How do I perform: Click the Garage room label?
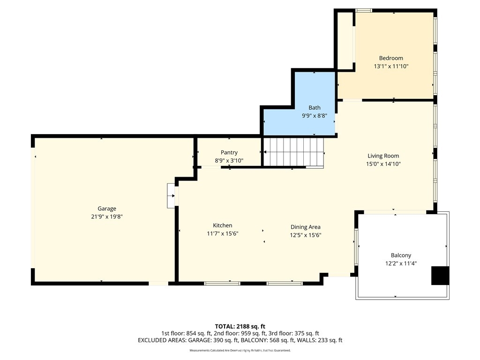pyautogui.click(x=107, y=209)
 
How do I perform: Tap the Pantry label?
pyautogui.click(x=229, y=152)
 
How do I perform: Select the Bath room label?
pyautogui.click(x=315, y=108)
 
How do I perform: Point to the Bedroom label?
pyautogui.click(x=391, y=58)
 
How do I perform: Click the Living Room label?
pyautogui.click(x=383, y=156)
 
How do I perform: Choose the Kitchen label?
pyautogui.click(x=223, y=225)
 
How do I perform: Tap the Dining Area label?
pyautogui.click(x=306, y=227)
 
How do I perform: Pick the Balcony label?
pyautogui.click(x=401, y=255)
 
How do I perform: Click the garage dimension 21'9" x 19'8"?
pyautogui.click(x=107, y=217)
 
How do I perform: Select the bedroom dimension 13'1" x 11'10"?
pyautogui.click(x=391, y=66)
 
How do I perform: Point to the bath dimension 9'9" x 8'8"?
pyautogui.click(x=315, y=116)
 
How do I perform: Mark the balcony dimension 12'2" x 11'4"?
pyautogui.click(x=401, y=263)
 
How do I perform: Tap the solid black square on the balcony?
pyautogui.click(x=440, y=276)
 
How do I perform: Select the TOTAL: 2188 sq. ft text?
pyautogui.click(x=240, y=326)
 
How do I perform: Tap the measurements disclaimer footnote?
pyautogui.click(x=240, y=350)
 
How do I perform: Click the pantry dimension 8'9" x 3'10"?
pyautogui.click(x=229, y=160)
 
